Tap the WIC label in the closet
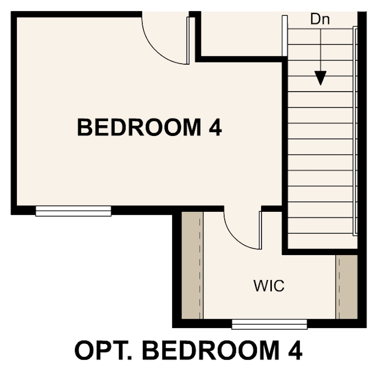pyautogui.click(x=269, y=285)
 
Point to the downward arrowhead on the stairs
pyautogui.click(x=320, y=77)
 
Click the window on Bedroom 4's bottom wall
pyautogui.click(x=74, y=211)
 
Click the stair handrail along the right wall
pyautogui.click(x=355, y=130)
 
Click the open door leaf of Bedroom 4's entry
pyautogui.click(x=188, y=40)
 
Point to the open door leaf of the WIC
pyautogui.click(x=259, y=229)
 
